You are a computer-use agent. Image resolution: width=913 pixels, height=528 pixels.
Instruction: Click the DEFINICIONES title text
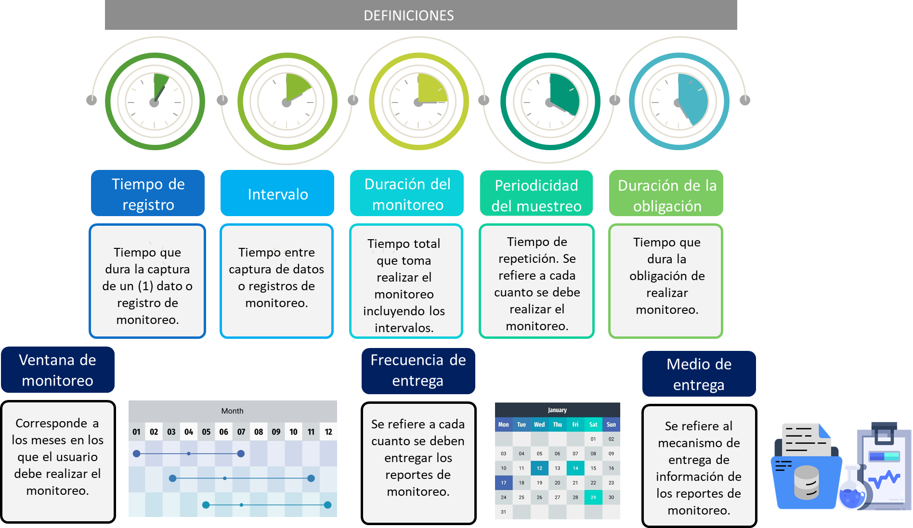[408, 15]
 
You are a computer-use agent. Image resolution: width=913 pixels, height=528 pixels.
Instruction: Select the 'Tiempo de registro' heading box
[148, 193]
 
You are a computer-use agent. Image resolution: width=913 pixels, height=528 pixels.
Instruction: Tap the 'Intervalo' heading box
[277, 193]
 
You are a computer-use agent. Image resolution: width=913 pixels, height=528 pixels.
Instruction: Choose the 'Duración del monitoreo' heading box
[407, 193]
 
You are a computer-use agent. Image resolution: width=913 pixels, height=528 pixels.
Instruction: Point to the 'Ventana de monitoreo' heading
[58, 370]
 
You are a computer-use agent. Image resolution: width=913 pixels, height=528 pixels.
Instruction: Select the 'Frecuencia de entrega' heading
[418, 370]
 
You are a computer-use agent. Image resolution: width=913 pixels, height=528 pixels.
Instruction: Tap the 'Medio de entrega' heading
[699, 374]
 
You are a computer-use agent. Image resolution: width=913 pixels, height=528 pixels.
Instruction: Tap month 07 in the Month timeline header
[241, 432]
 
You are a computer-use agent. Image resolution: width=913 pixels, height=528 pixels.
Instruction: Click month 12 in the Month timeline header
[328, 432]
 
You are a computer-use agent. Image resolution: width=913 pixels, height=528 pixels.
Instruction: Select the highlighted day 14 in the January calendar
[575, 468]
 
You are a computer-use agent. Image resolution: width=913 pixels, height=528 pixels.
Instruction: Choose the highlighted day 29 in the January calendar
[593, 497]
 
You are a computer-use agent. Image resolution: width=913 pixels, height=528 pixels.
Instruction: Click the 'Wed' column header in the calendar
[539, 425]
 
